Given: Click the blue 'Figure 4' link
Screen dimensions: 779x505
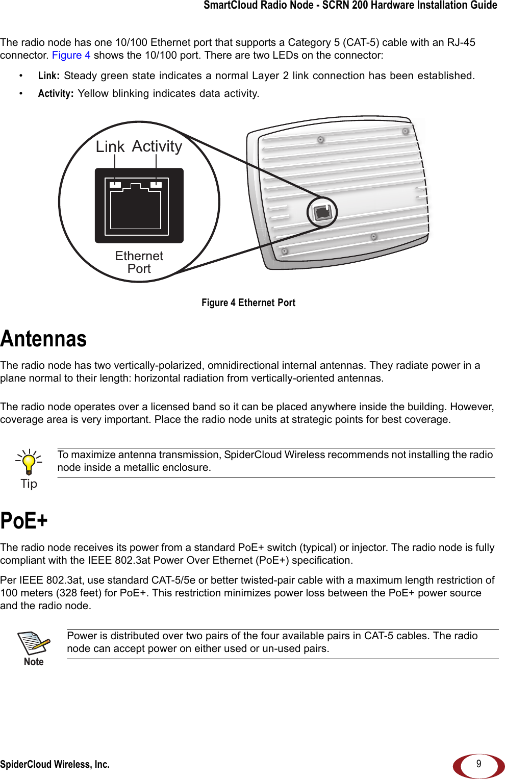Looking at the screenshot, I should [x=71, y=55].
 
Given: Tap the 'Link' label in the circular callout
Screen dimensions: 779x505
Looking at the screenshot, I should [x=110, y=147].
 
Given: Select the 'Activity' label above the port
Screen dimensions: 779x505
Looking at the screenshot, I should [x=157, y=146].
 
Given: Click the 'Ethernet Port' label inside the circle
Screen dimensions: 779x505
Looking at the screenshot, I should [x=139, y=262].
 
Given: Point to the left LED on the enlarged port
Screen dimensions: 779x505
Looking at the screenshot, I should [x=116, y=185].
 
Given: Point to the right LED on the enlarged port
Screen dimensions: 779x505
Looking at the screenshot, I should [x=156, y=185].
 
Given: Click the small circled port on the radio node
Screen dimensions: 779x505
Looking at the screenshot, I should [x=322, y=212].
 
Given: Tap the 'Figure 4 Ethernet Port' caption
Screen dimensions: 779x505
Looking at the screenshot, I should [x=248, y=303].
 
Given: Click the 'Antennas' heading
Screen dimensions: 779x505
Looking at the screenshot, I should [x=43, y=339].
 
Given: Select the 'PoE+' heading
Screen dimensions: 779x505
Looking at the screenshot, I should [x=24, y=521].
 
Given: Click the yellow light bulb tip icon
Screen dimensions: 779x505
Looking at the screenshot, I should [x=29, y=463].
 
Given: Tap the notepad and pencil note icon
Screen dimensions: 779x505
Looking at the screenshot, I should [x=34, y=643].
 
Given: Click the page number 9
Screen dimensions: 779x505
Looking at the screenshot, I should [x=478, y=764].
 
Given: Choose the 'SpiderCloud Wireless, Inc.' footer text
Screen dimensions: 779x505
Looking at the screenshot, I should [x=55, y=764].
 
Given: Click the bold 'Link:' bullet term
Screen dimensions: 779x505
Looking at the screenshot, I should [x=48, y=76].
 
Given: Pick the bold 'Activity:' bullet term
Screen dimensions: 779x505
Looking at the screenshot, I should [x=56, y=93].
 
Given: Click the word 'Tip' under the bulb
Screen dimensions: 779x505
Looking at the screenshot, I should [x=29, y=484].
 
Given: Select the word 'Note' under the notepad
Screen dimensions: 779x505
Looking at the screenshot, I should [x=34, y=662].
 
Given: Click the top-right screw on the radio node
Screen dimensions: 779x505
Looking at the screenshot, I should [x=406, y=131].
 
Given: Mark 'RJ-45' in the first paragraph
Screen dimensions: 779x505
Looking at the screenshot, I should [x=461, y=42].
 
